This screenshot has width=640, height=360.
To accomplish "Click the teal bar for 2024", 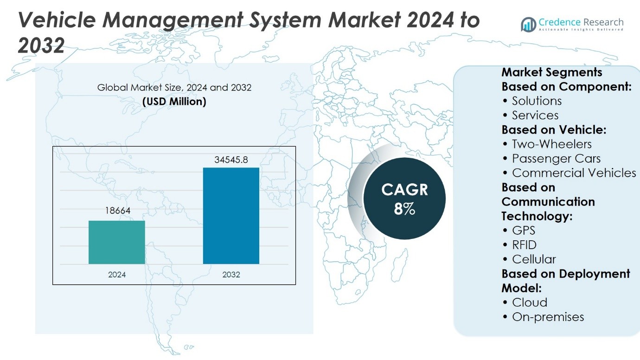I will point(117,242).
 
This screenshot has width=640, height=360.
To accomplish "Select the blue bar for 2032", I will point(231,216).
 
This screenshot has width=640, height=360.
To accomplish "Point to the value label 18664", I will point(117,211).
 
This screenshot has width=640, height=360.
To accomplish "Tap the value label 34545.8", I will point(231,160).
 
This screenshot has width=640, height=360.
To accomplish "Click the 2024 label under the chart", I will point(117,275).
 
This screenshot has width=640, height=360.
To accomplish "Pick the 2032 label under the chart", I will point(231,275).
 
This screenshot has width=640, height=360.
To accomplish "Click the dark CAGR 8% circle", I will point(404,199).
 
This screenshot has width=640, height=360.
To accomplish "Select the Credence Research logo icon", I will point(528,24).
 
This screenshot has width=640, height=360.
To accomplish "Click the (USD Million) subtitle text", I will point(174,101).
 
